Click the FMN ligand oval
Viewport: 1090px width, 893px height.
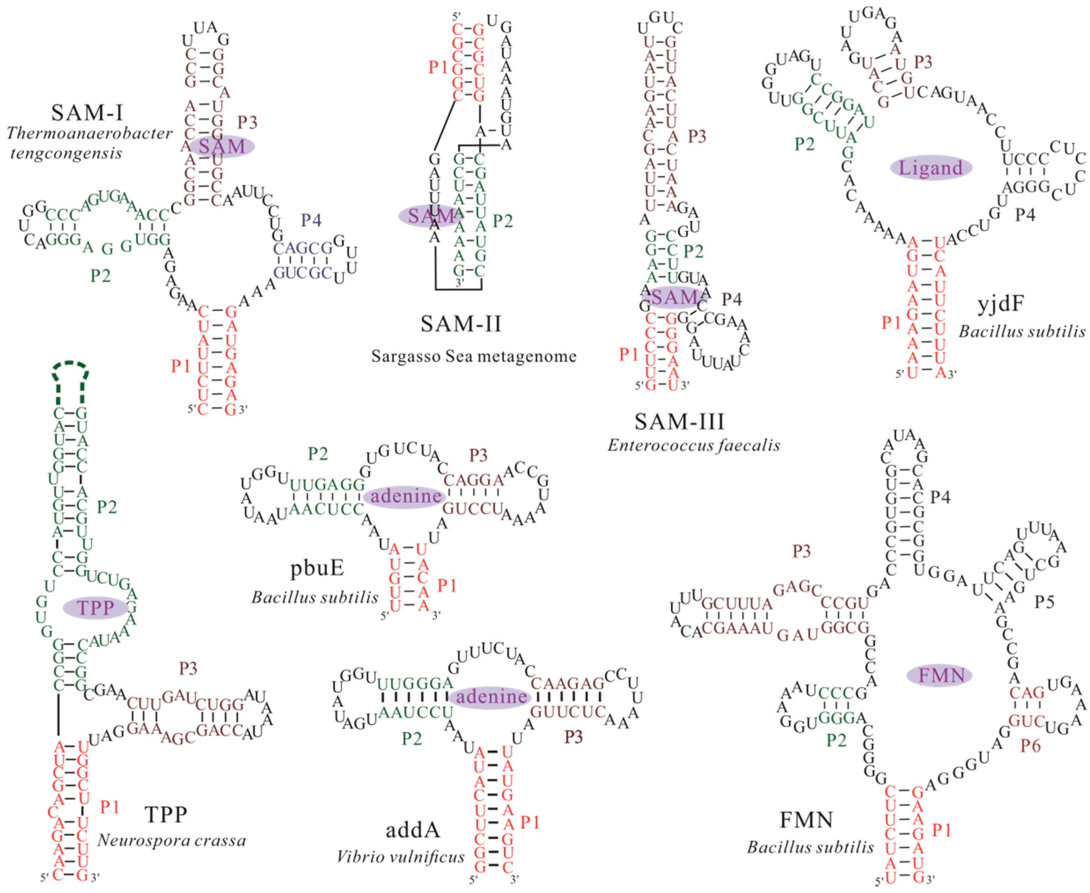tap(939, 675)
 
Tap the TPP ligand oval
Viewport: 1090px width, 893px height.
tap(95, 608)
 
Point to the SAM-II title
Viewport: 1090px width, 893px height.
tap(461, 324)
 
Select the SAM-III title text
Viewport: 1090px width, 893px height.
tap(679, 422)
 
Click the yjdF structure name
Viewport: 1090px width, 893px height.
tap(1000, 304)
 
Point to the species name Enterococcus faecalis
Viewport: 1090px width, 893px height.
tap(694, 445)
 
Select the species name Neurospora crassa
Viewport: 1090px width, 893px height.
tap(171, 841)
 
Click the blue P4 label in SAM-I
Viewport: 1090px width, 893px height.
tap(311, 221)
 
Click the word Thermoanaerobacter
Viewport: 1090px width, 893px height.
tap(90, 134)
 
